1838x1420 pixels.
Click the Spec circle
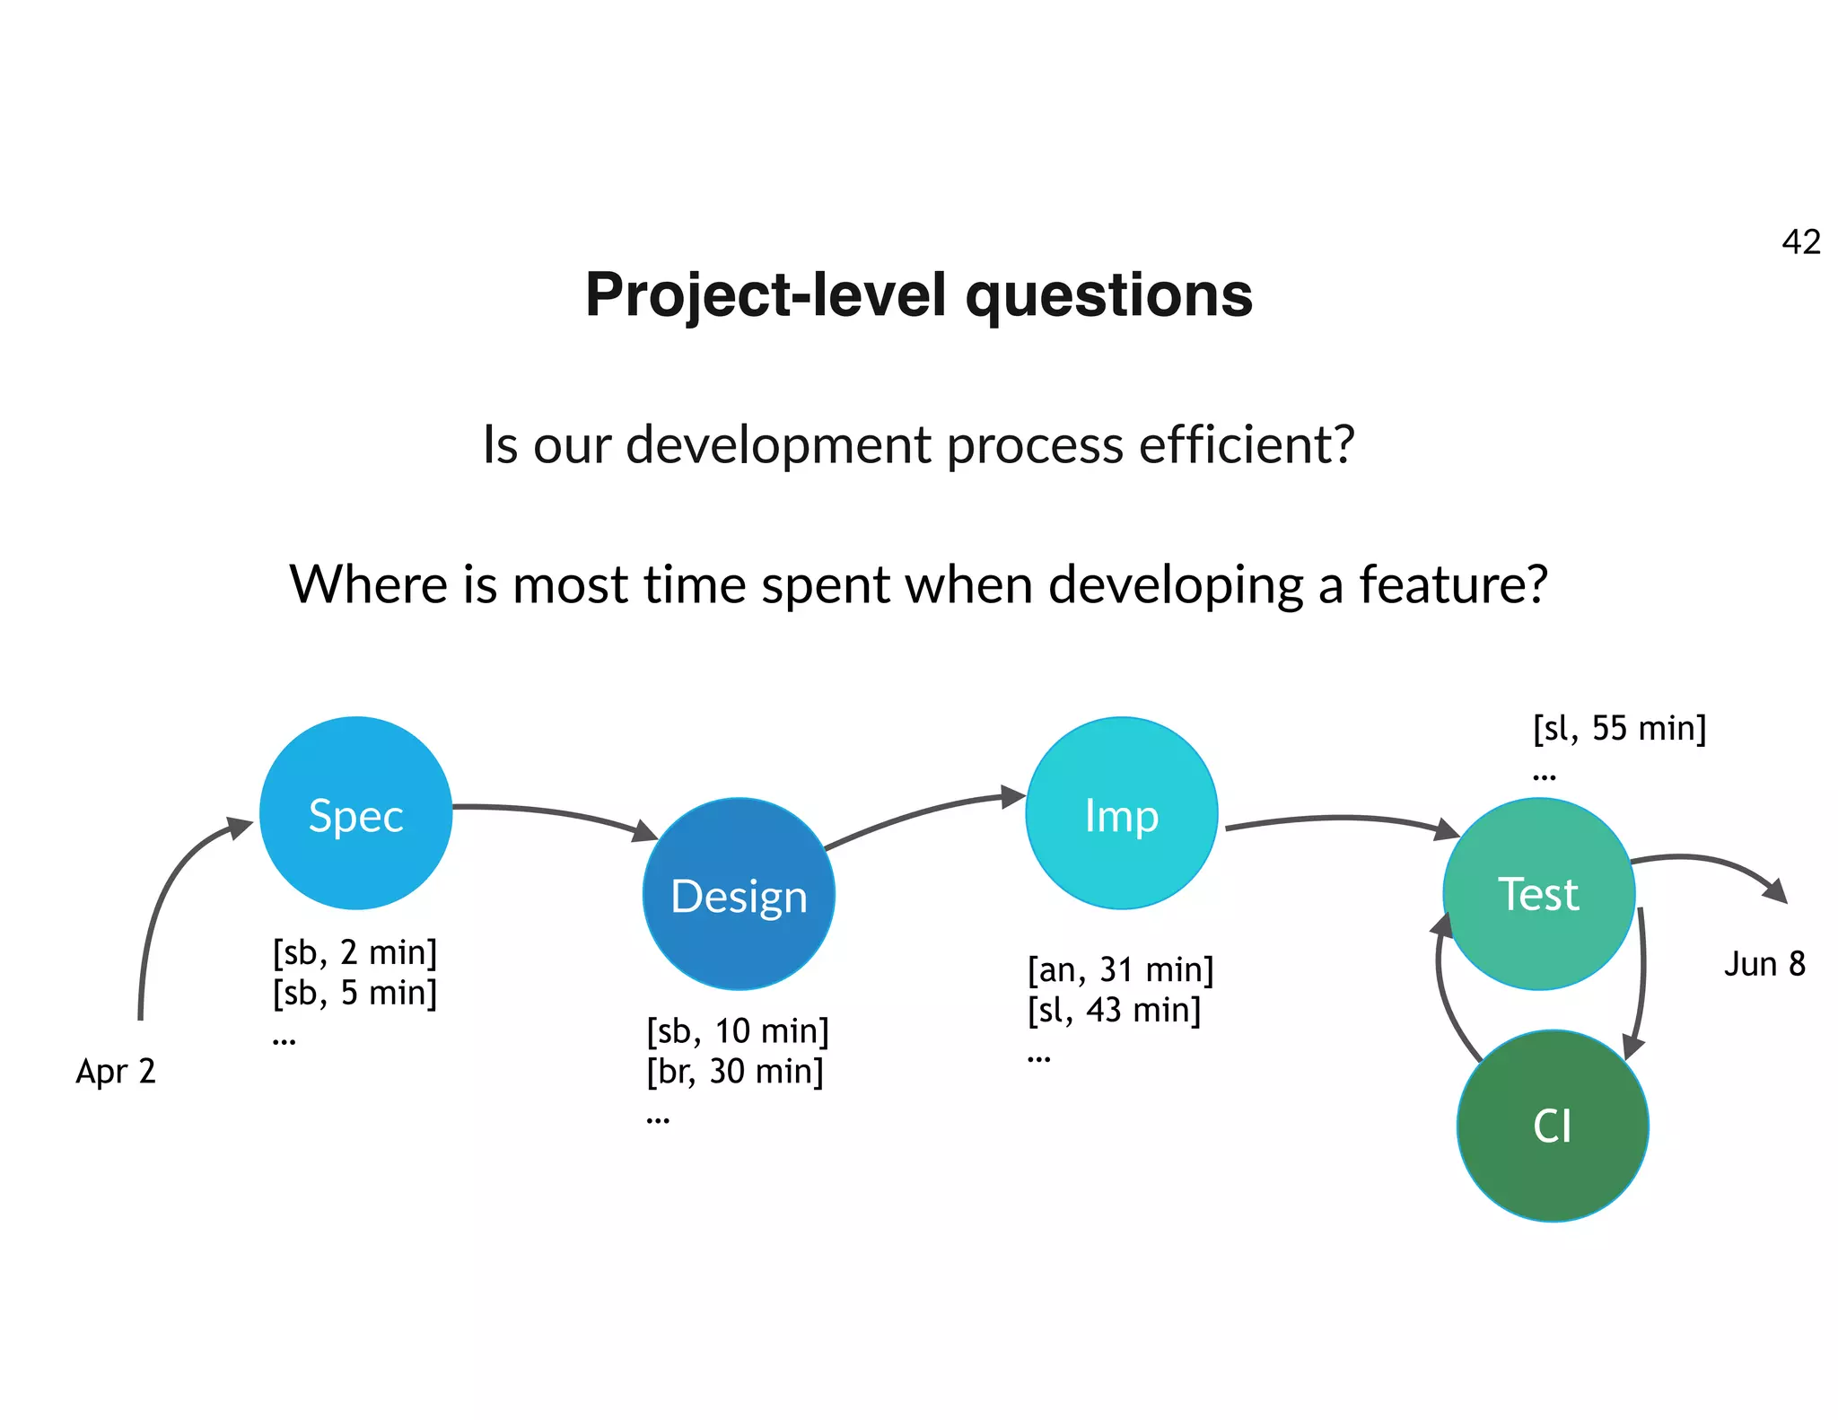point(355,813)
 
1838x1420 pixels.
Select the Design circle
point(739,894)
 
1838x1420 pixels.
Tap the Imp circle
point(1121,813)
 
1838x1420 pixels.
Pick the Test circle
point(1538,894)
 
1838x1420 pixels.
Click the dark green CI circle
point(1552,1126)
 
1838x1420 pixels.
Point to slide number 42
point(1800,242)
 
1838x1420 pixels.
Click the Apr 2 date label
point(116,1071)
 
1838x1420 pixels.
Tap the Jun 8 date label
point(1764,964)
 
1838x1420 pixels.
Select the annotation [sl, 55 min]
point(1619,728)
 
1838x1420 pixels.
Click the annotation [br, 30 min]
point(734,1071)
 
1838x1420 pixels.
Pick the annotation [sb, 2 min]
point(354,952)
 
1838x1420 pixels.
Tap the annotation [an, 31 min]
point(1120,970)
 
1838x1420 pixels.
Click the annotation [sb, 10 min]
point(737,1031)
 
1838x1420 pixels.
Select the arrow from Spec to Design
point(556,812)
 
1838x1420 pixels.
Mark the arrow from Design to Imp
point(924,812)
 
